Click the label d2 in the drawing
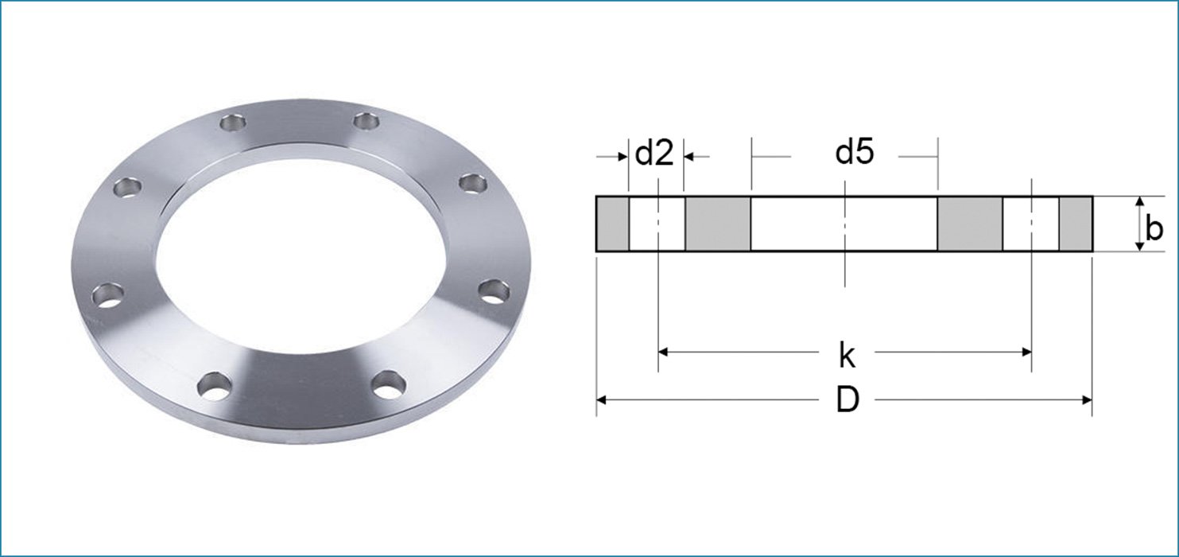pos(654,154)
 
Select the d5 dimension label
pos(855,153)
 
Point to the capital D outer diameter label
pos(847,401)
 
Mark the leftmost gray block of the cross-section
pos(613,224)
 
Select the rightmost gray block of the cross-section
pos(1075,224)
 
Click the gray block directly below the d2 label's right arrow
pos(718,224)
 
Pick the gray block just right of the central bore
pos(970,224)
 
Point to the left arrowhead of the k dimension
pos(664,351)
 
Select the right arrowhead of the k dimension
pos(1026,351)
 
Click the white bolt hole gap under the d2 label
pos(657,224)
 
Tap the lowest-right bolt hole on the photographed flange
pos(388,385)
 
